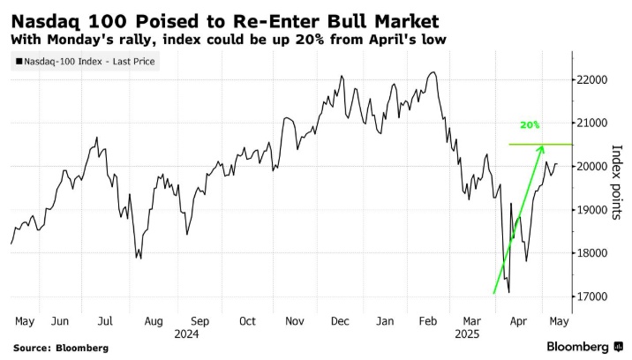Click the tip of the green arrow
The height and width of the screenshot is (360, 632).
pos(541,146)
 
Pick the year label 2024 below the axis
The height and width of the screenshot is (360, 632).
pos(187,334)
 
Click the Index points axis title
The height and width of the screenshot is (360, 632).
pos(618,182)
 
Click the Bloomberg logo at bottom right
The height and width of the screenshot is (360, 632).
pos(577,346)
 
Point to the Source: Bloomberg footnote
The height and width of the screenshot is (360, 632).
pos(60,348)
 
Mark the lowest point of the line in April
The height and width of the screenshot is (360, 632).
pos(509,293)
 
